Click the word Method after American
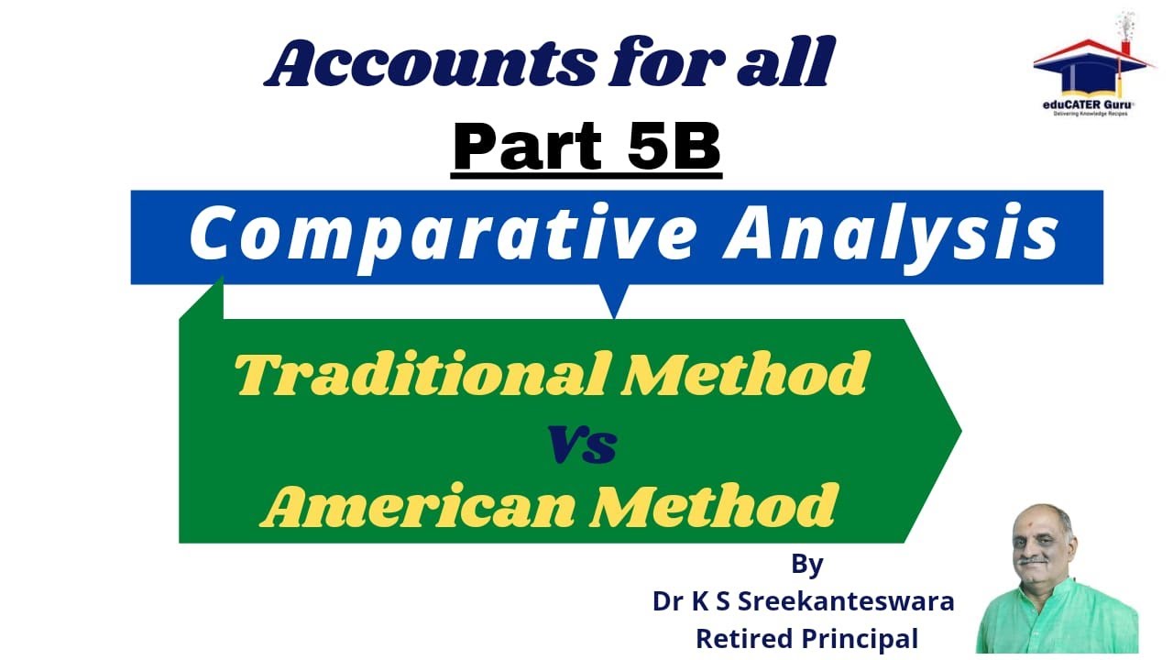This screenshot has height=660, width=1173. (715, 507)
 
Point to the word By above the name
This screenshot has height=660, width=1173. (806, 565)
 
